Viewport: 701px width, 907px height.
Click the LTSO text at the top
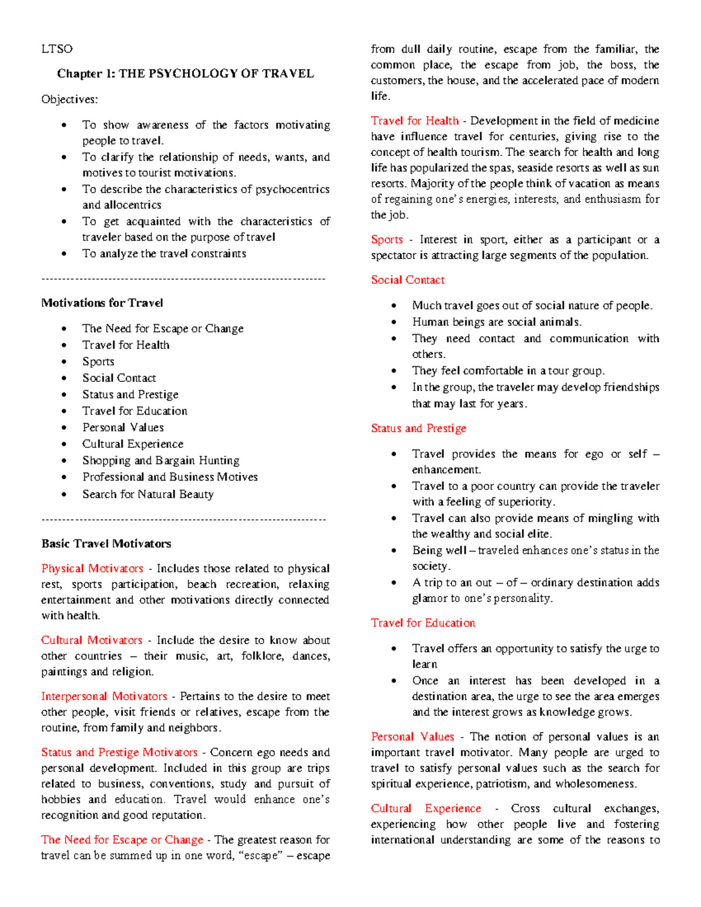tap(57, 49)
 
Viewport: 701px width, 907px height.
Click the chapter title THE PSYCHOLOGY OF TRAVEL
tap(185, 74)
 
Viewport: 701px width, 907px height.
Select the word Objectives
tap(70, 99)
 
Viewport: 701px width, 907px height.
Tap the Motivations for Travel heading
tap(102, 303)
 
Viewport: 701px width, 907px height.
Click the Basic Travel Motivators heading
tap(106, 544)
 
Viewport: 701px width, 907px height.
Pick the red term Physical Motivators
tap(92, 569)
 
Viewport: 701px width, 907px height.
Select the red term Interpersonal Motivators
tap(104, 696)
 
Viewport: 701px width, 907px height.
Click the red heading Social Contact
tap(407, 280)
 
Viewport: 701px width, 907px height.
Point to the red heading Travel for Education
tap(422, 623)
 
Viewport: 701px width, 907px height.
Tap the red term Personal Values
tap(412, 736)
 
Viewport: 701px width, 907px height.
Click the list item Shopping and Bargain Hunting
tap(161, 460)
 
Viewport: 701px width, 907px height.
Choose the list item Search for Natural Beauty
tap(148, 494)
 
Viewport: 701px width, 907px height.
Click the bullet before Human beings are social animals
tap(394, 322)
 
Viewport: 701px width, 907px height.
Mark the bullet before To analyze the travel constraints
tap(64, 254)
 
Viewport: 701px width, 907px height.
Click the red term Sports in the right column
tap(387, 239)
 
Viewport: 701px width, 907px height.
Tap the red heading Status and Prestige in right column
tap(418, 428)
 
